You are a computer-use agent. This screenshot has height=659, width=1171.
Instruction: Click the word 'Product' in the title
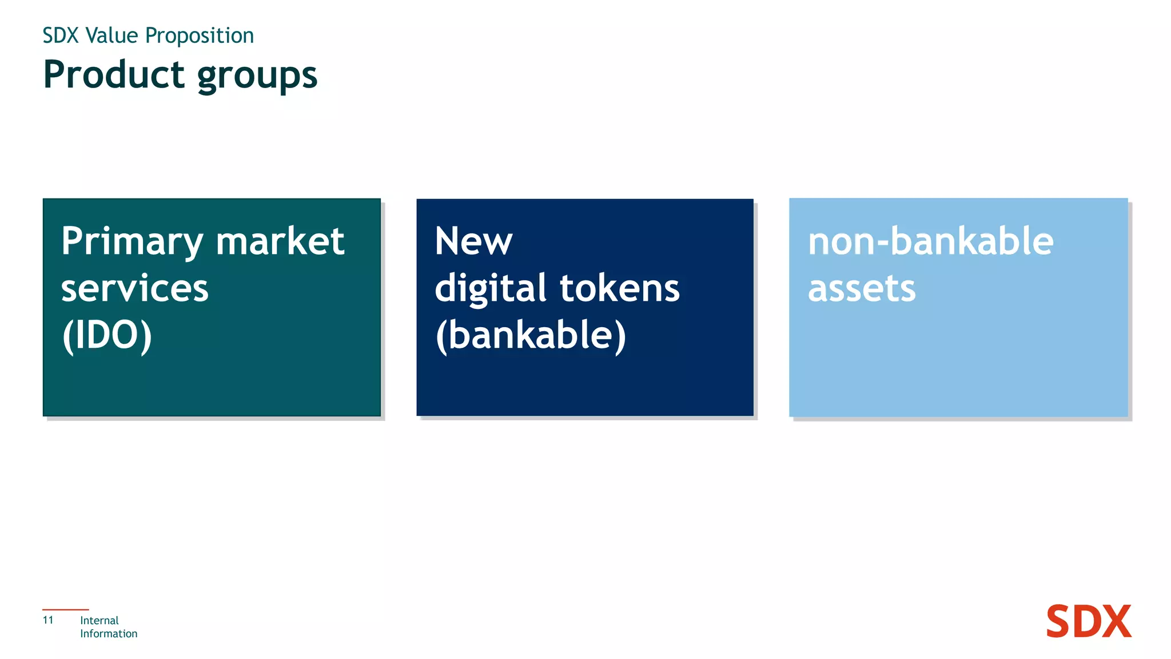pos(114,75)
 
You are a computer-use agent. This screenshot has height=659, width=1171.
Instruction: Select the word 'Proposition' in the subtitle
pos(200,36)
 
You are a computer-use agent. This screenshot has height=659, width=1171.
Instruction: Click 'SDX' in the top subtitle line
pos(60,35)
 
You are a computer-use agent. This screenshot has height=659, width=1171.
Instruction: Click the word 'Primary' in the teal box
pos(132,242)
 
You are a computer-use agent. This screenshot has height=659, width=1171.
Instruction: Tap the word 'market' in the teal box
pos(280,241)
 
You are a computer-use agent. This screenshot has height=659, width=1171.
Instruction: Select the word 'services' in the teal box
pos(135,288)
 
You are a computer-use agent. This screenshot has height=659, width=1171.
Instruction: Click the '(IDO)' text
pos(107,335)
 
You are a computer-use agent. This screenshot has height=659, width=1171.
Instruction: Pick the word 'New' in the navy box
pos(473,241)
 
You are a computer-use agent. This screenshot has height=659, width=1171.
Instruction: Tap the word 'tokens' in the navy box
pos(620,288)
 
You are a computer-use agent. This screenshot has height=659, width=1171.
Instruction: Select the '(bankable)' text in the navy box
pos(531,335)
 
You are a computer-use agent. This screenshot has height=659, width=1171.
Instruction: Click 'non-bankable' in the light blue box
pos(930,241)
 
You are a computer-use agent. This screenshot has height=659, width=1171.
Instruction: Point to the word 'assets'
pos(862,288)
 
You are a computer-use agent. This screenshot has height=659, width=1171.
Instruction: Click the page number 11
pos(48,620)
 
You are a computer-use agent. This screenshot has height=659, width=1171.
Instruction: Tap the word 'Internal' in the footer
pos(99,621)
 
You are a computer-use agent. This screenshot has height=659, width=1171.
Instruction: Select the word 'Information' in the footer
pos(109,634)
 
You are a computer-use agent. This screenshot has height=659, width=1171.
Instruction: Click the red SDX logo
pos(1088,622)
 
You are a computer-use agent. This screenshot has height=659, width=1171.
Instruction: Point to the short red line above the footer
pos(66,610)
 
